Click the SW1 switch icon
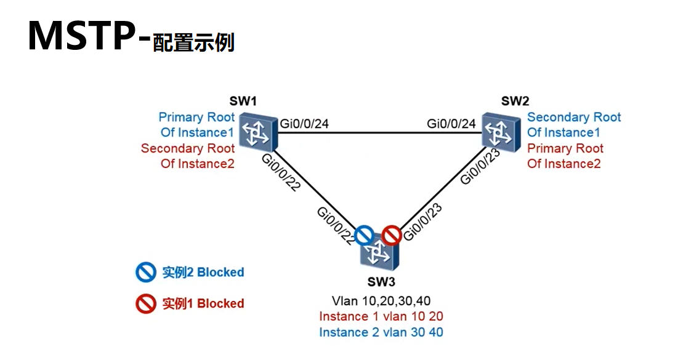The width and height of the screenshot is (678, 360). (x=258, y=132)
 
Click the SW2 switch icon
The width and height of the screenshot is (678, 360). (x=502, y=132)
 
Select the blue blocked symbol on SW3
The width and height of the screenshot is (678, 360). (x=364, y=236)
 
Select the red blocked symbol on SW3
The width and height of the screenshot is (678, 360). (x=391, y=236)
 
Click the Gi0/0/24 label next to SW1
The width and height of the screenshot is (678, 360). (x=304, y=124)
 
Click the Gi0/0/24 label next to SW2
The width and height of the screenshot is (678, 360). (x=451, y=124)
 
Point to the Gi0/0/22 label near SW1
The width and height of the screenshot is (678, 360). (x=281, y=172)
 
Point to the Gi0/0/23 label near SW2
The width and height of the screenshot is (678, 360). (x=480, y=166)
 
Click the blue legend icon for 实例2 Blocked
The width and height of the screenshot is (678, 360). (x=146, y=272)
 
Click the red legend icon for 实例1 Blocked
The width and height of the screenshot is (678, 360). (x=146, y=304)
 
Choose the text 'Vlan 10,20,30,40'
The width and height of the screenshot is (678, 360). (x=381, y=301)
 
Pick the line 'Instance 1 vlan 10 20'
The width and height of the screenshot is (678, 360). (x=381, y=316)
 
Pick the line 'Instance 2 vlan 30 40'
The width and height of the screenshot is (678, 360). (x=381, y=332)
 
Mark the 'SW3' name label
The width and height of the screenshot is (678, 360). (x=381, y=282)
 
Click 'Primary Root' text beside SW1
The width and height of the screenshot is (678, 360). (x=196, y=117)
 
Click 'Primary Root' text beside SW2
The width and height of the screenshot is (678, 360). (x=565, y=148)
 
